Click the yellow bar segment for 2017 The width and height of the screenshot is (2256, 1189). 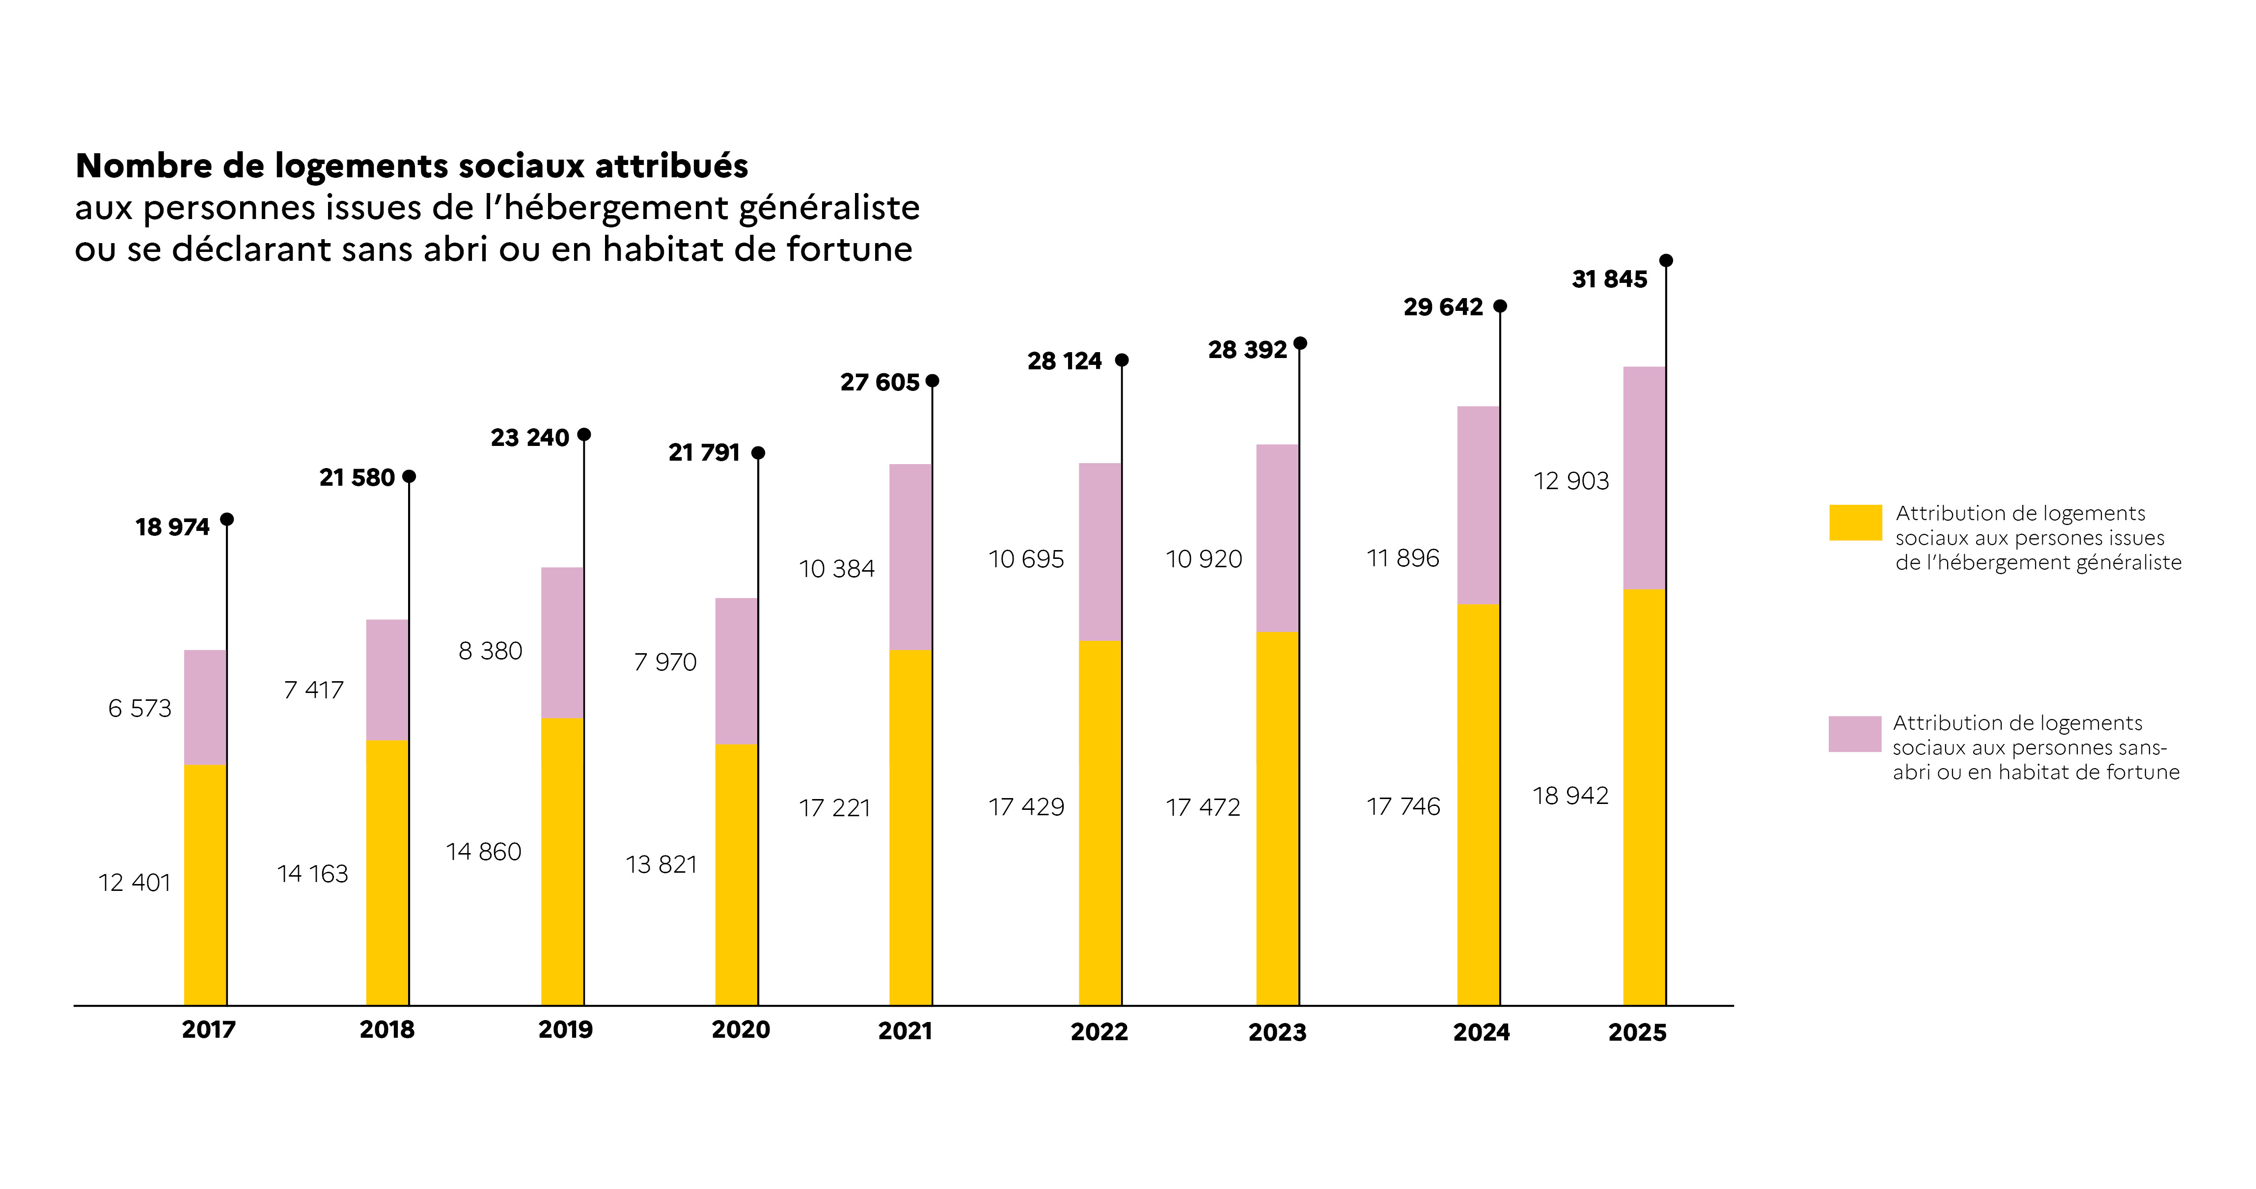coord(205,885)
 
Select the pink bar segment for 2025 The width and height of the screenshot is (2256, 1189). coord(1644,478)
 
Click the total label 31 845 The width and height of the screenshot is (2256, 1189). coord(1609,279)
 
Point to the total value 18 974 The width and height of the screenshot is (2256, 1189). coord(172,527)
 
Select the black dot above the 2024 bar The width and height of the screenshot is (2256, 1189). coord(1500,305)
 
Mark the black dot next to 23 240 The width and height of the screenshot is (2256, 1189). coord(584,434)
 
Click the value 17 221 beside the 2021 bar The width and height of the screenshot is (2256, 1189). coord(835,807)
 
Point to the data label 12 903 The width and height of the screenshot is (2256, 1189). coord(1571,481)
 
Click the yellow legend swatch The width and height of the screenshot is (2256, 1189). coord(1855,523)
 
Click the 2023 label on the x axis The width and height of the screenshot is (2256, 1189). coord(1277,1032)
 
